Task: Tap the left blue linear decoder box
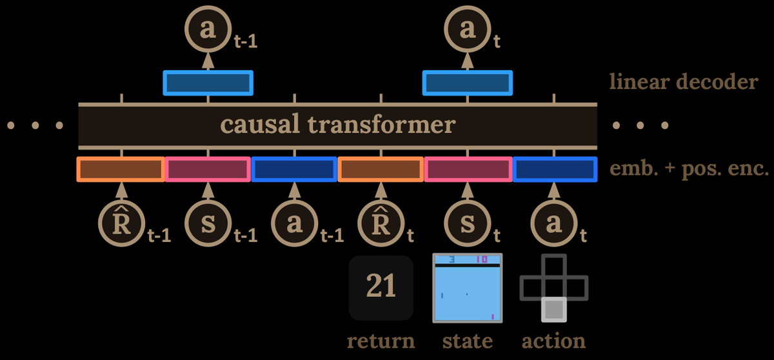tap(208, 83)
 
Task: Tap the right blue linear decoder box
tap(467, 83)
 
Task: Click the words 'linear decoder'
tap(683, 82)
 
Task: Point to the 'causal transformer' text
tap(337, 124)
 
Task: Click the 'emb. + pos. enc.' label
tap(689, 169)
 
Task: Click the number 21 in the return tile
tap(381, 286)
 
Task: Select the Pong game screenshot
tap(467, 288)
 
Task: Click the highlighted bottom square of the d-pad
tap(553, 310)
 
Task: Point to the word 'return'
tap(381, 340)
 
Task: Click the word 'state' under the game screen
tap(467, 340)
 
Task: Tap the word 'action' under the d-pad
tap(553, 340)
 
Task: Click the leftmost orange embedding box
tap(121, 169)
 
